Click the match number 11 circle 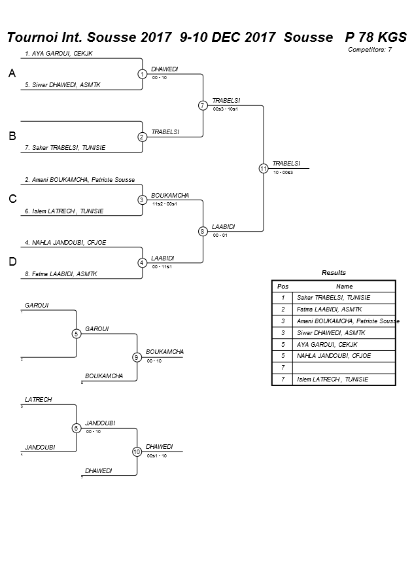264,168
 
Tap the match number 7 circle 203,105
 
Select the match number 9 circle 137,357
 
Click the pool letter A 12,74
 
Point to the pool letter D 12,262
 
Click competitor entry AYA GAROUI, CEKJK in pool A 58,53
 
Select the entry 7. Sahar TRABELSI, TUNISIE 64,148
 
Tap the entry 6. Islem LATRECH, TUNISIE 64,211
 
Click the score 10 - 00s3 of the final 283,172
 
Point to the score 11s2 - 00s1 164,203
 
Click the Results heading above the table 334,272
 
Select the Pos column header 283,286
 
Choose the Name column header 344,286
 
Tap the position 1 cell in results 283,297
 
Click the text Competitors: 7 369,49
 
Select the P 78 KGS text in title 376,37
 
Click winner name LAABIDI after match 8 224,226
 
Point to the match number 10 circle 137,451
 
